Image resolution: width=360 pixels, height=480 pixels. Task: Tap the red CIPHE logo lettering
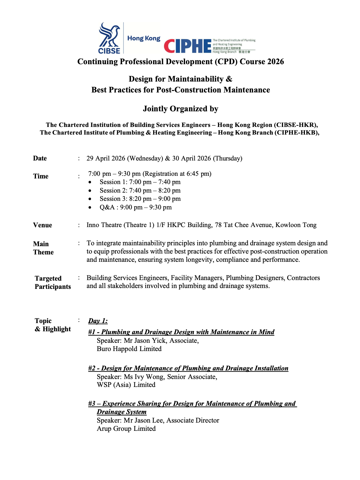188,46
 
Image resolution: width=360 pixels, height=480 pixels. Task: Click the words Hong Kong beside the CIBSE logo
144,39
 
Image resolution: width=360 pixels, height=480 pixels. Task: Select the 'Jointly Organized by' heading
180,109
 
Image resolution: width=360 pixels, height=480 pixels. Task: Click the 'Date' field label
40,158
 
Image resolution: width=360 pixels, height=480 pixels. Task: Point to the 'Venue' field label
42,225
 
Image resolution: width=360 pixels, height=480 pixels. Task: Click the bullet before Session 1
90,182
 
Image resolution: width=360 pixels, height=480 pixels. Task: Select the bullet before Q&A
90,208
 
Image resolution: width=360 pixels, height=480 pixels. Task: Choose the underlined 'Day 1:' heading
98,321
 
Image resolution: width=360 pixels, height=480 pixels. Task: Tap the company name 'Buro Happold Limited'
129,349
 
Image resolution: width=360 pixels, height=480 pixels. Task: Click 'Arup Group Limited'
126,429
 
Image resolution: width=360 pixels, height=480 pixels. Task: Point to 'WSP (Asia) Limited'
126,385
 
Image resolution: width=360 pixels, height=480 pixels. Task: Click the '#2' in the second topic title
92,368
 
